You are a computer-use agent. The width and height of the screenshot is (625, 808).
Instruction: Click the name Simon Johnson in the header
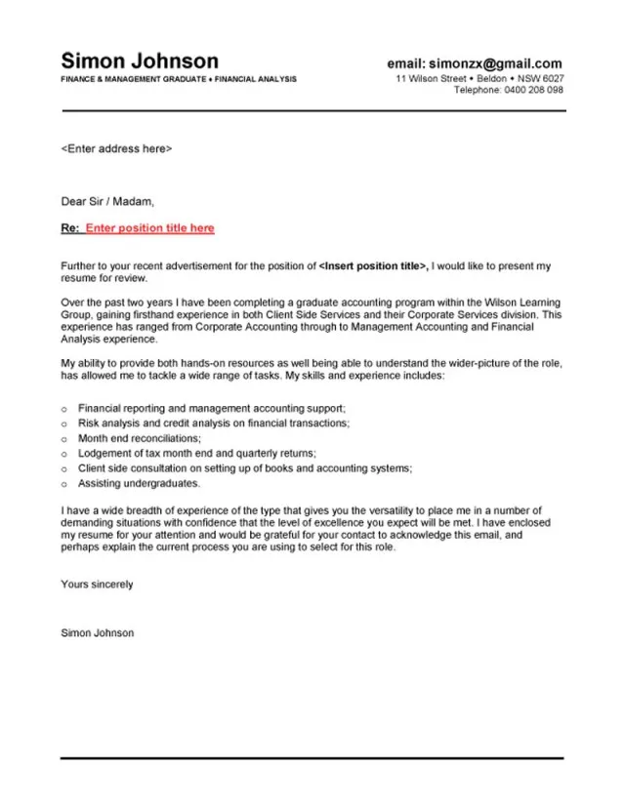(140, 61)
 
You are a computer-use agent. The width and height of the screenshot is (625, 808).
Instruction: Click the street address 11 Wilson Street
(431, 78)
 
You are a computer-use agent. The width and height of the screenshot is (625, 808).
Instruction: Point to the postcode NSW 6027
(539, 78)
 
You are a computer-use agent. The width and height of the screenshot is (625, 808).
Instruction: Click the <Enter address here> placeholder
(116, 149)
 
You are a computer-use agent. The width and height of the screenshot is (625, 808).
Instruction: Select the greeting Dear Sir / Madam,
(107, 202)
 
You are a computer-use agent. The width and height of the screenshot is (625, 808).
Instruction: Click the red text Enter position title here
(149, 228)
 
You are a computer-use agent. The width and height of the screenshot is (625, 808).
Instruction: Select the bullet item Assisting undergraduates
(140, 483)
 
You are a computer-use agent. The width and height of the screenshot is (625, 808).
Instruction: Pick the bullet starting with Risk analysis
(214, 424)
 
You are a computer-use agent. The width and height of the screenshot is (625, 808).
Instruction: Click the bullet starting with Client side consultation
(245, 468)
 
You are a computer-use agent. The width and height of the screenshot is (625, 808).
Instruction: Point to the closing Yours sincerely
(97, 585)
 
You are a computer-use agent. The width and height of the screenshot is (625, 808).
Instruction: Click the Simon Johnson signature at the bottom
(97, 632)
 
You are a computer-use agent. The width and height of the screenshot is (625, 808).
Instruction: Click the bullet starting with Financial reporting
(212, 409)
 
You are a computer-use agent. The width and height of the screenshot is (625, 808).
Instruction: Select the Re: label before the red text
(70, 228)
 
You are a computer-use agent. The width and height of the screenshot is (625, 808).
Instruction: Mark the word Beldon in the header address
(491, 78)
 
